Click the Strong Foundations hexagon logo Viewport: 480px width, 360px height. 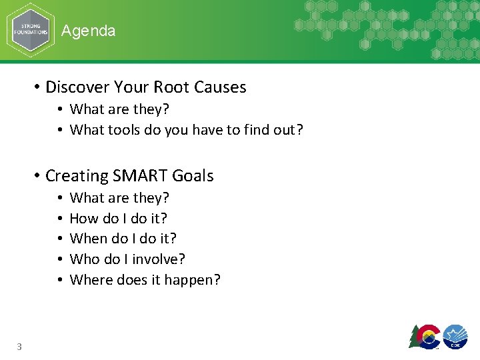click(x=31, y=31)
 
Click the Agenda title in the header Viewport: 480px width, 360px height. click(x=88, y=31)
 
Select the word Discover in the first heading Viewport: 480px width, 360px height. click(x=73, y=87)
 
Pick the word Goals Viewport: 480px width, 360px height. click(x=193, y=176)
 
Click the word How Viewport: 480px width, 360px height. click(x=83, y=218)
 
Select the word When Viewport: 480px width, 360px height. click(x=87, y=239)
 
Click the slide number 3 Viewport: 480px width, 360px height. click(x=19, y=346)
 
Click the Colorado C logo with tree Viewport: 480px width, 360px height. click(x=424, y=336)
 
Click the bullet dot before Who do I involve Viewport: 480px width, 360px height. click(x=60, y=259)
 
